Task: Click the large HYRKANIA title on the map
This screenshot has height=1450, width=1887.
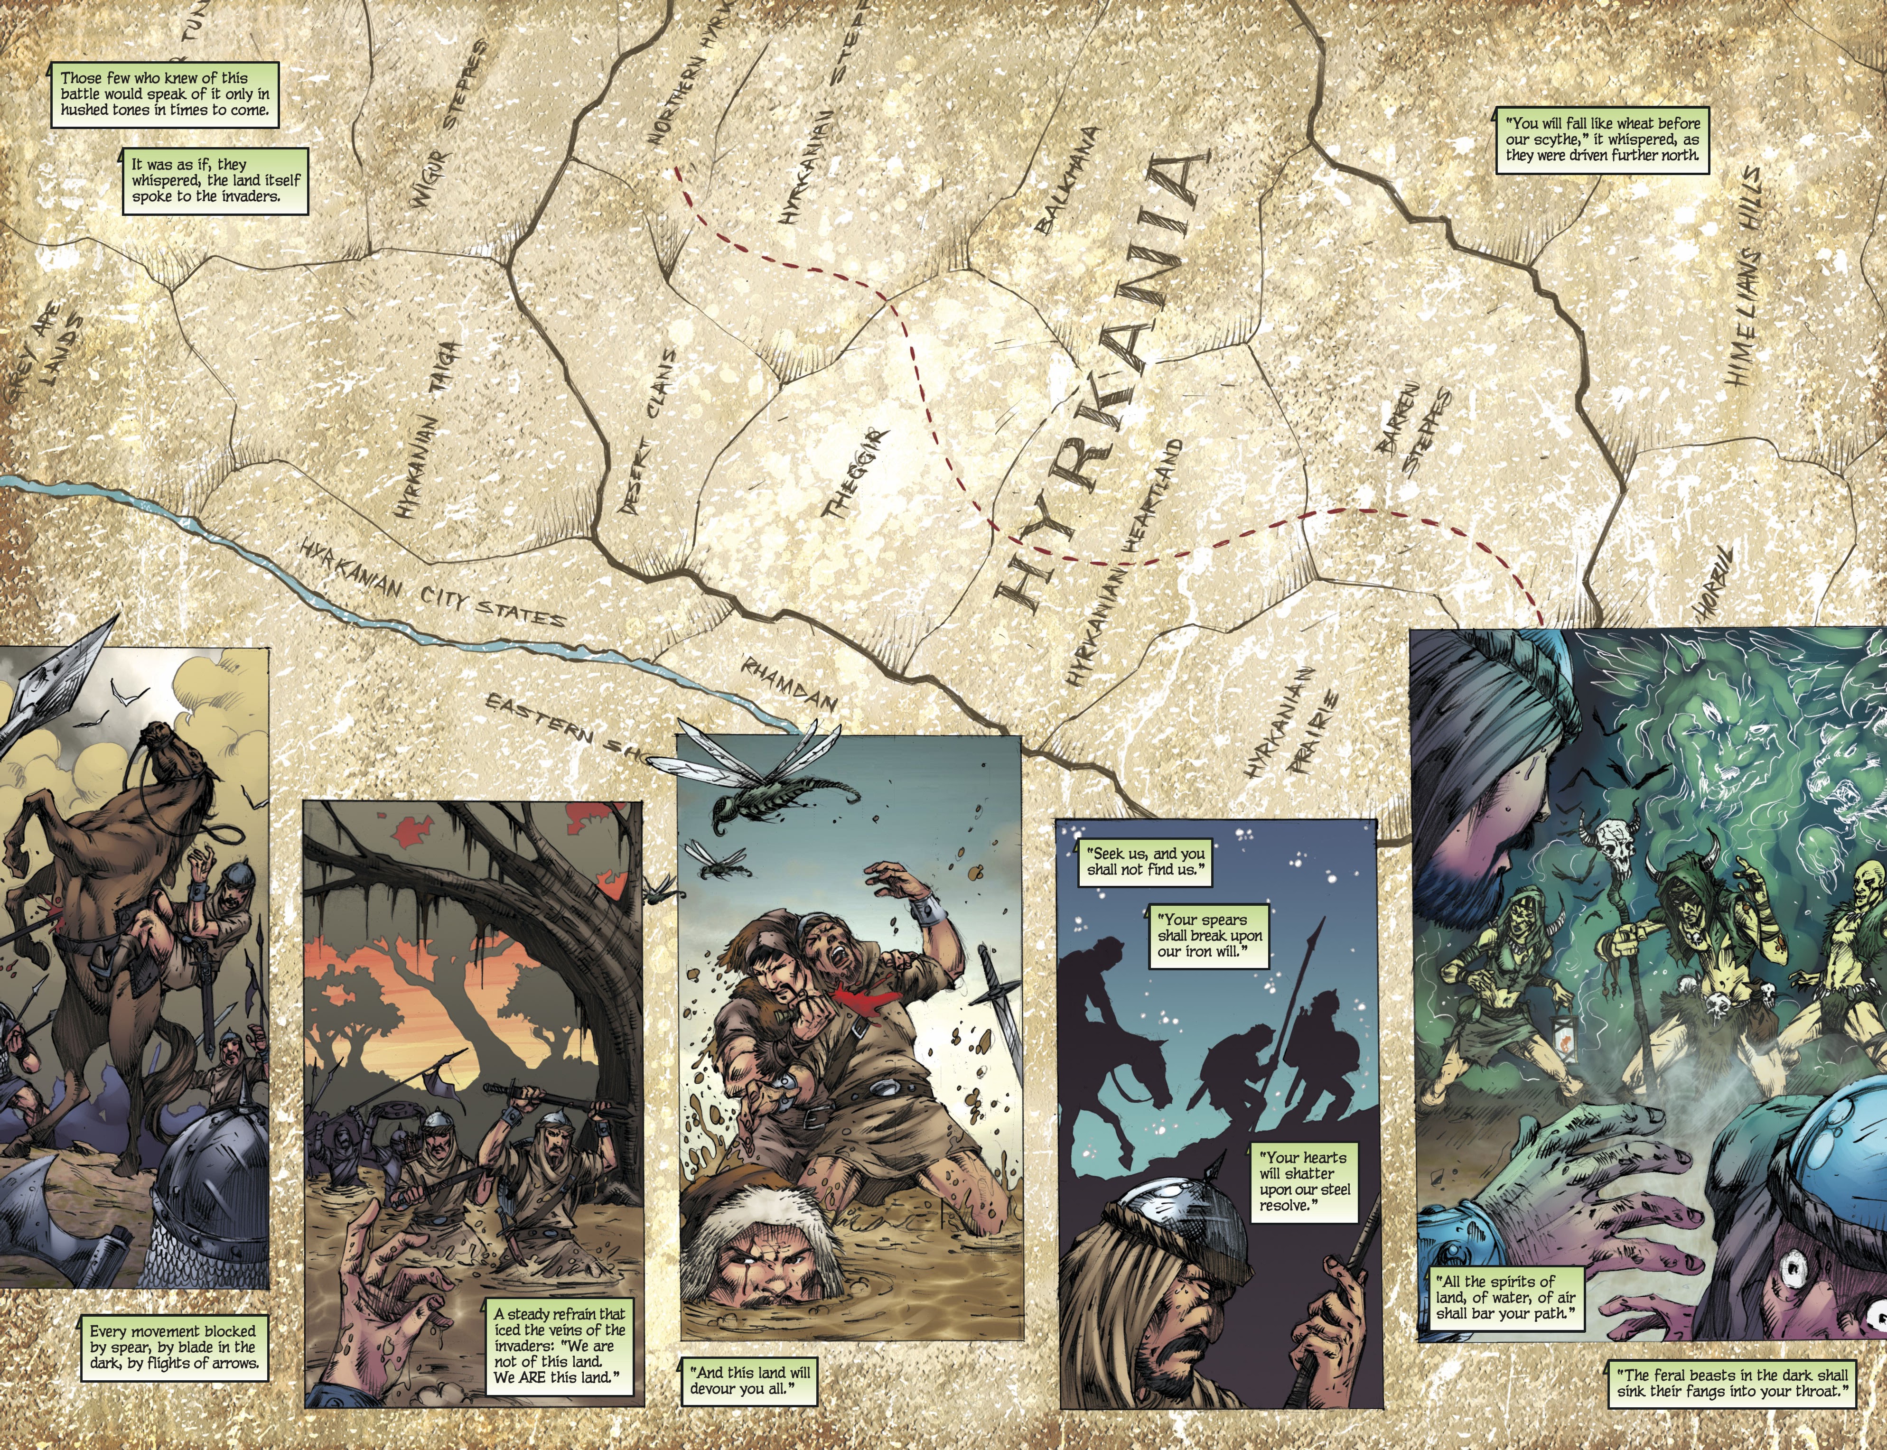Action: pos(1101,380)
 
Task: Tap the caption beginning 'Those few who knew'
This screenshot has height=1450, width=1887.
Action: pos(164,94)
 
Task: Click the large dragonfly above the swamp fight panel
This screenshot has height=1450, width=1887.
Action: pos(760,781)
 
